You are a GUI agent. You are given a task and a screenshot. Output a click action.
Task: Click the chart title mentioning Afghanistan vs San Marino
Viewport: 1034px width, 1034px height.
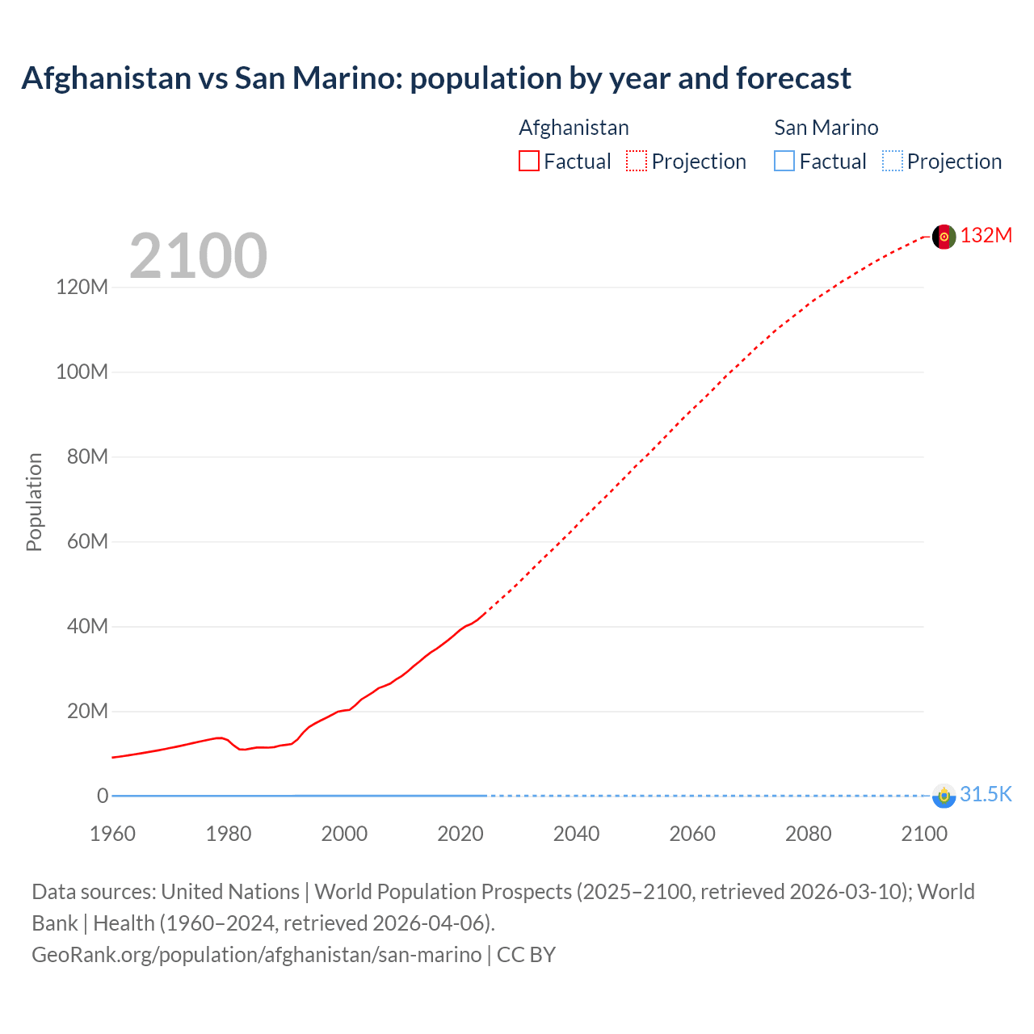click(436, 78)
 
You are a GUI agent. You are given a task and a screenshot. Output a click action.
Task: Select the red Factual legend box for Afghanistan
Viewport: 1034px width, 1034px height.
click(529, 161)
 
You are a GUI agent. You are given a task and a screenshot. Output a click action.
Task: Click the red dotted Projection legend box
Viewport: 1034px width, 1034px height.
click(637, 161)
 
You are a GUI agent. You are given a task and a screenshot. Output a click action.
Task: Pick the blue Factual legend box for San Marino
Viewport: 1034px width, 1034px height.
click(784, 161)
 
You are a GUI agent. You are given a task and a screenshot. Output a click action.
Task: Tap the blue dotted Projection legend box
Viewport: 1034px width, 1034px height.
click(892, 161)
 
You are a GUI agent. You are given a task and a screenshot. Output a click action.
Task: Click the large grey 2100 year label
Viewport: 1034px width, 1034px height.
click(198, 256)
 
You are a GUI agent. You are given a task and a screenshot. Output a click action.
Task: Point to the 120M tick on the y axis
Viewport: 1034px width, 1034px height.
click(82, 287)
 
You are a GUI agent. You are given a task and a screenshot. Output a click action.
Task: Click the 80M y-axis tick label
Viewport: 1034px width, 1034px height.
click(86, 456)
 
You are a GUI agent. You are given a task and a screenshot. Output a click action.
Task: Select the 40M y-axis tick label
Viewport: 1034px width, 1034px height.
click(86, 626)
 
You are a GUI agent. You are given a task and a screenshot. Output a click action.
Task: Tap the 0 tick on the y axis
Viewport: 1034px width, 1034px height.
click(103, 796)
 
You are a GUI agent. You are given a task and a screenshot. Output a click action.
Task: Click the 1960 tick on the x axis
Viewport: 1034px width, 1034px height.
click(112, 834)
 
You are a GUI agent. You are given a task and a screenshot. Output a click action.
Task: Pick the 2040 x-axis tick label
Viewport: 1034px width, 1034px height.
click(576, 834)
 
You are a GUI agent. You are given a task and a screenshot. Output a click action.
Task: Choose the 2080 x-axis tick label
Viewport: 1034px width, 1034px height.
click(808, 834)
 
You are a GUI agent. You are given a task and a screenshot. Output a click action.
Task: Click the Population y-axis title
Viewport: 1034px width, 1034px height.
click(34, 502)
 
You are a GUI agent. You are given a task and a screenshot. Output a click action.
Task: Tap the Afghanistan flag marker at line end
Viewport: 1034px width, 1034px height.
click(944, 237)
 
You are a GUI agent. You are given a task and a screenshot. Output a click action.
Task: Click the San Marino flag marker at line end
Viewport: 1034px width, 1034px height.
click(944, 796)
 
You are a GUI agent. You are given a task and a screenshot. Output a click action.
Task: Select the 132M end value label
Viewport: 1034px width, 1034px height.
click(986, 235)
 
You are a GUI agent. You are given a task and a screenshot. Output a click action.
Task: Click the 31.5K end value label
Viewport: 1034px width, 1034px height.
click(986, 794)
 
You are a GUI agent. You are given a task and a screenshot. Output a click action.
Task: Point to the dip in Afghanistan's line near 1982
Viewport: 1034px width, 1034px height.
click(242, 749)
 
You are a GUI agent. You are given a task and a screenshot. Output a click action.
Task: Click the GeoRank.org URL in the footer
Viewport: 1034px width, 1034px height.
click(257, 954)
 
